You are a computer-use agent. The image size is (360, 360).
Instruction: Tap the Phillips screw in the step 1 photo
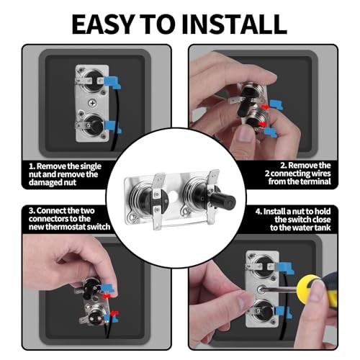click(x=92, y=103)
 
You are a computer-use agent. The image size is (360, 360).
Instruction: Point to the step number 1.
click(x=32, y=166)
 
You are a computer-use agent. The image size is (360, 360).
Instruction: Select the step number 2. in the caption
click(x=284, y=166)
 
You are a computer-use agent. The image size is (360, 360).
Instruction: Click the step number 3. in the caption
click(x=32, y=211)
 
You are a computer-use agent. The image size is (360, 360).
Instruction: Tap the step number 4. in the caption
click(x=258, y=212)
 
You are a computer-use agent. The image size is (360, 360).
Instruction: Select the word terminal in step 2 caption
click(x=315, y=181)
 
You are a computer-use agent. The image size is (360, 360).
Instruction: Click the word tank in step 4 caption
click(x=323, y=228)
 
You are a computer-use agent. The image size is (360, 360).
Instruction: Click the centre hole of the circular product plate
click(x=174, y=197)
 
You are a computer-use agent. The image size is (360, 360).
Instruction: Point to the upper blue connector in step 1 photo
click(x=112, y=81)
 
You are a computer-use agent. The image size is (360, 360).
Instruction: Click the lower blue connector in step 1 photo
click(x=112, y=127)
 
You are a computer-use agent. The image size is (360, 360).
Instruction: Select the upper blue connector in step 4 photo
click(x=286, y=269)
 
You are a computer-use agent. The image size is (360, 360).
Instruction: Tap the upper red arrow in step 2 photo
click(x=265, y=107)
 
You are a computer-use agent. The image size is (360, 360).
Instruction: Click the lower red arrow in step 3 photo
click(x=114, y=313)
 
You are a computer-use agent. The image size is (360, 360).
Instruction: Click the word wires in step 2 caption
click(x=321, y=174)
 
